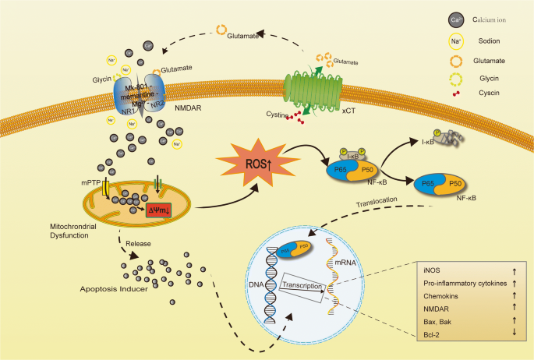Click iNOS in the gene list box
click(x=432, y=267)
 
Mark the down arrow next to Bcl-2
click(x=516, y=334)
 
